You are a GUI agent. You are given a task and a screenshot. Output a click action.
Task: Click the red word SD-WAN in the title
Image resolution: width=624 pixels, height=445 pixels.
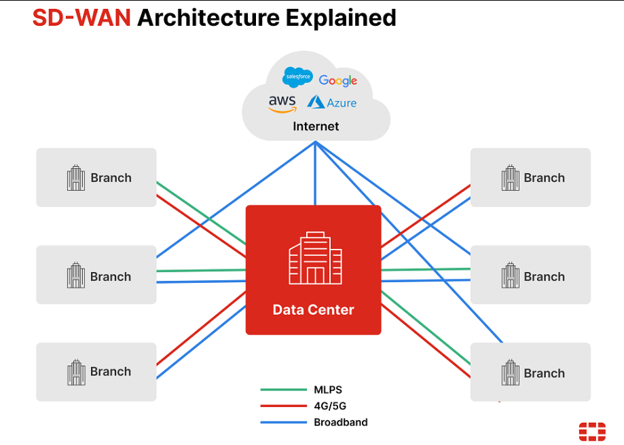(x=81, y=18)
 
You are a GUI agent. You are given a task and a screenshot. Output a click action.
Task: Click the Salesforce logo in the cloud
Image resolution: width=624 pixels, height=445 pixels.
(x=297, y=77)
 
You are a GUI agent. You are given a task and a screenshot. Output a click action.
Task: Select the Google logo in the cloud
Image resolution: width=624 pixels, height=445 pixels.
(x=338, y=81)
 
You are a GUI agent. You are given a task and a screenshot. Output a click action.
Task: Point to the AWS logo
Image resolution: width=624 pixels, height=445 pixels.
(x=282, y=103)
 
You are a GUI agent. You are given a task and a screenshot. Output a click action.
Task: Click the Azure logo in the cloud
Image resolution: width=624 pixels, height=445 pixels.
(x=332, y=102)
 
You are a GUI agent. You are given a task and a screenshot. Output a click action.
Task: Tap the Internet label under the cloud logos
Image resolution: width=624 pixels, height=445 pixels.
(x=316, y=126)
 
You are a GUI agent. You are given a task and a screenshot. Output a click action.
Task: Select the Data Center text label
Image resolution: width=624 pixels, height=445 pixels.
(x=313, y=310)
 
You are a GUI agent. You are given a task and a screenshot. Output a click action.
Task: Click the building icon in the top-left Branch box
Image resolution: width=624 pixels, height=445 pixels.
(x=76, y=178)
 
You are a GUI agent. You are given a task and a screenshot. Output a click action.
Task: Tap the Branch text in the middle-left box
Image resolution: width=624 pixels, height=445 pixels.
(x=111, y=277)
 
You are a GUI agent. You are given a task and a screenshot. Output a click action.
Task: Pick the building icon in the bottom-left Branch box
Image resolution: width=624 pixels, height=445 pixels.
(x=76, y=372)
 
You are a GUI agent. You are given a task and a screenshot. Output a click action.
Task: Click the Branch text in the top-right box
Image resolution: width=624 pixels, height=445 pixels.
(x=544, y=178)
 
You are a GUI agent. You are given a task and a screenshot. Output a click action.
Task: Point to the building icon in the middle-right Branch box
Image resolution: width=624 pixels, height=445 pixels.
(x=510, y=276)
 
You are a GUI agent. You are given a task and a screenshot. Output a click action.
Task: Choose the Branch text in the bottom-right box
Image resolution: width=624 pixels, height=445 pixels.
(x=544, y=373)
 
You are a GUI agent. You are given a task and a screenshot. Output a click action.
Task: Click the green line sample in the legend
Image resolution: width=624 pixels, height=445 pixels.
(x=283, y=390)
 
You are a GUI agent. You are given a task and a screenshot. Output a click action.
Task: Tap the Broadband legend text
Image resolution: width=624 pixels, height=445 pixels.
(x=340, y=422)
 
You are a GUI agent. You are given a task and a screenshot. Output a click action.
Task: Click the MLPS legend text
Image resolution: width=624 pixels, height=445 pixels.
(x=329, y=390)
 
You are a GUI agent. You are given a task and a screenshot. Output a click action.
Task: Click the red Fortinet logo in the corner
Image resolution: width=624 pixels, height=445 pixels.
(x=591, y=431)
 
